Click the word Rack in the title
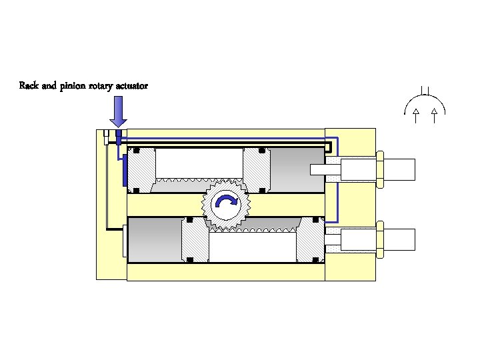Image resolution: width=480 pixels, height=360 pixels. tap(29, 86)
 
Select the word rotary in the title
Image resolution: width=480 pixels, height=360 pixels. tap(103, 86)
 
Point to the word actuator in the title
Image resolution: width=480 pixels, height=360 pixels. tap(133, 86)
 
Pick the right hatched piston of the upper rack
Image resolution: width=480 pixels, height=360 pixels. tap(257, 171)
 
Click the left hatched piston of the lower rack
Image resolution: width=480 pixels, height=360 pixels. tap(195, 240)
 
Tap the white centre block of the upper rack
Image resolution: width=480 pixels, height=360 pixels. tap(199, 163)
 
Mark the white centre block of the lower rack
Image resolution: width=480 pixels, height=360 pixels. tap(252, 247)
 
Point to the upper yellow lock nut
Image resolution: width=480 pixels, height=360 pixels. tap(379, 169)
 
